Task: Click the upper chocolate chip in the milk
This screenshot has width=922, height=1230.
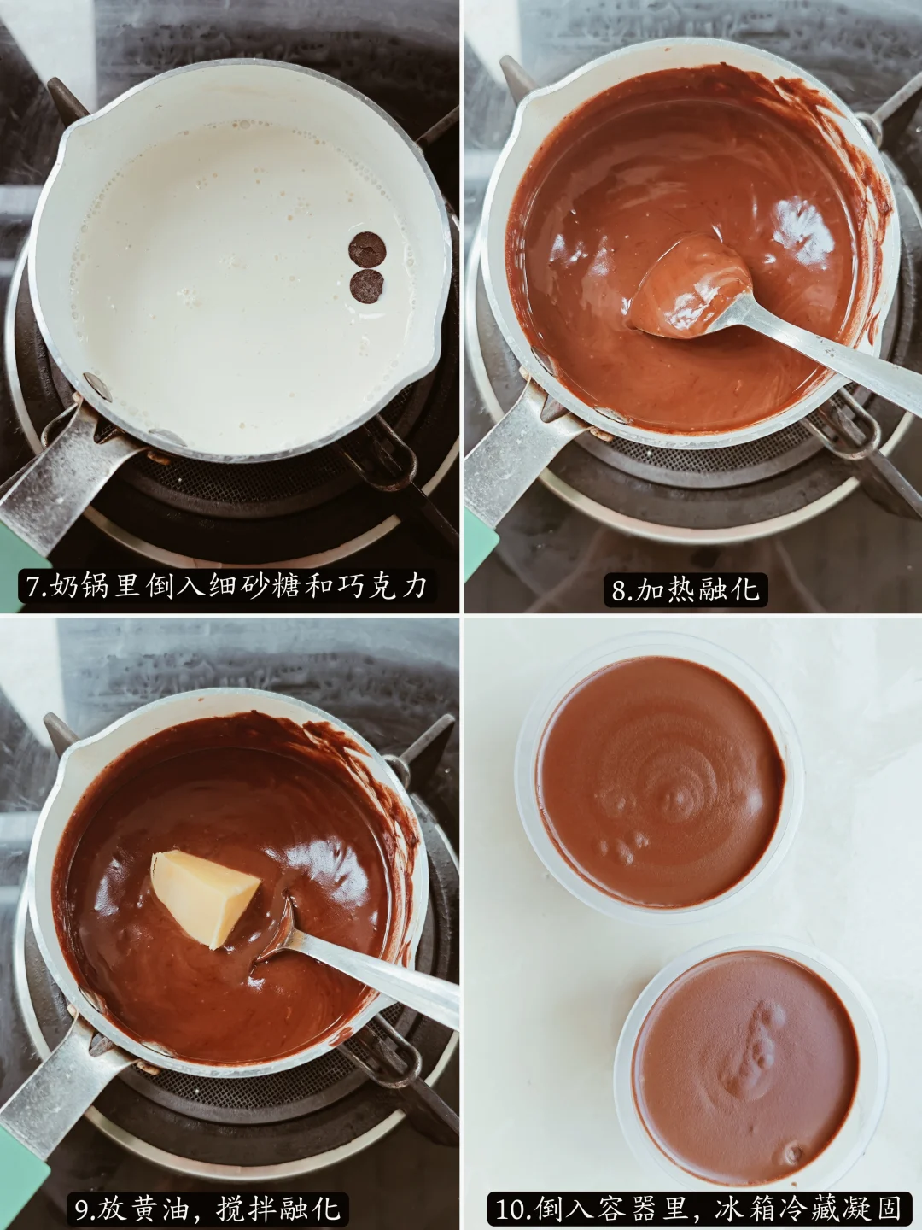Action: pyautogui.click(x=367, y=249)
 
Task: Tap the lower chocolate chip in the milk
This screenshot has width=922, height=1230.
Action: pyautogui.click(x=367, y=286)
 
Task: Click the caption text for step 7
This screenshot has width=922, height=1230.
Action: pyautogui.click(x=227, y=586)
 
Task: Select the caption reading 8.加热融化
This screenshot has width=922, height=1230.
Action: pyautogui.click(x=685, y=589)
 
